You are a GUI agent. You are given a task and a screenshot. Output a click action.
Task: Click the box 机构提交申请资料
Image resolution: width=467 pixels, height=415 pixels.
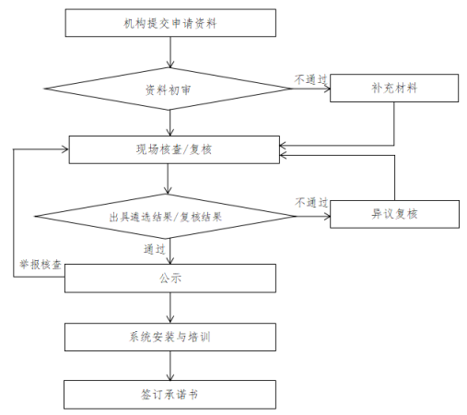click(170, 23)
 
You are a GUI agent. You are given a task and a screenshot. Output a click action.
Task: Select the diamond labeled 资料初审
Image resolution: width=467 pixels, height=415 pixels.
click(168, 89)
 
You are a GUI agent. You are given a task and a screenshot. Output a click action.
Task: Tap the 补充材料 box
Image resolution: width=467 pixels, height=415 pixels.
click(394, 88)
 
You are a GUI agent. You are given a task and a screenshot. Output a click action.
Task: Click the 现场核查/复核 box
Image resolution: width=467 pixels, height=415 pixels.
click(174, 149)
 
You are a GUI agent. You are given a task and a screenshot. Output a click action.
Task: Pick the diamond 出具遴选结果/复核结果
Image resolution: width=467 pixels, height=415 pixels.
click(166, 217)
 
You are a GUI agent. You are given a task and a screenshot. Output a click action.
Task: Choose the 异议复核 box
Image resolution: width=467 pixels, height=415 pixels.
click(394, 214)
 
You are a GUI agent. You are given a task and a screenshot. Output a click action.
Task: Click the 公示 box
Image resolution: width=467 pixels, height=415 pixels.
click(170, 279)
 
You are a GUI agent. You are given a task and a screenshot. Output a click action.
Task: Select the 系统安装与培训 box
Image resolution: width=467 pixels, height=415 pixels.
click(170, 337)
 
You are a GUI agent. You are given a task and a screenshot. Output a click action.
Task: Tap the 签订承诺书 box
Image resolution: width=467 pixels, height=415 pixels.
click(169, 395)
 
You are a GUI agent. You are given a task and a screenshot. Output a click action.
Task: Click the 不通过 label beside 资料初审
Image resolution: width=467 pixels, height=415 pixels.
click(310, 79)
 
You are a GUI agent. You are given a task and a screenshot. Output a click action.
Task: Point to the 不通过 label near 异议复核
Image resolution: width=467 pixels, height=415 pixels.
click(311, 203)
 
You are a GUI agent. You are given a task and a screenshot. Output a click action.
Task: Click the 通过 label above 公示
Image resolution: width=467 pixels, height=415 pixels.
click(155, 249)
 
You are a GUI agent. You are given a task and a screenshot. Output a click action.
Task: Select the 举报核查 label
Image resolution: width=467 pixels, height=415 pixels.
click(41, 265)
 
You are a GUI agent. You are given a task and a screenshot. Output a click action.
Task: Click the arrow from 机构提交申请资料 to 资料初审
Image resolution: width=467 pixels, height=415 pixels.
click(169, 53)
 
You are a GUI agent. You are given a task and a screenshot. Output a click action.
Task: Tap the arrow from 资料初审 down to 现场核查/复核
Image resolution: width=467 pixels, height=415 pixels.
click(169, 123)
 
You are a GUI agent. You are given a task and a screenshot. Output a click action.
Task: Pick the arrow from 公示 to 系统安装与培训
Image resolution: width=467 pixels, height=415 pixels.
click(170, 308)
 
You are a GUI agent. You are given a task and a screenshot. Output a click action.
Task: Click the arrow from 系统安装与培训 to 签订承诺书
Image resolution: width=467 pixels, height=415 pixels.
click(170, 365)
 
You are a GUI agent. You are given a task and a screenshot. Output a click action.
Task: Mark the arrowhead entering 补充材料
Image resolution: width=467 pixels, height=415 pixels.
click(328, 89)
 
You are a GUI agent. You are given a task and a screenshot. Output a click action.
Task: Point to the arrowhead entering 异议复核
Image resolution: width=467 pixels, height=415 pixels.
click(328, 217)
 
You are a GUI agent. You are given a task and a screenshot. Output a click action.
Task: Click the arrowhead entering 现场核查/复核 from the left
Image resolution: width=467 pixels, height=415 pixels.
click(66, 149)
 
